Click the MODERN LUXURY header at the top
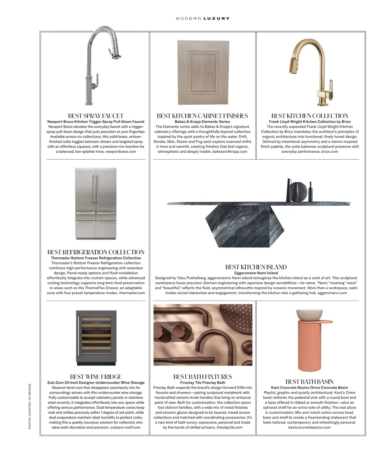[202, 18]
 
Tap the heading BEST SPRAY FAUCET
[96, 116]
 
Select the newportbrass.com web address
[121, 152]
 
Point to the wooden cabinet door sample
[202, 73]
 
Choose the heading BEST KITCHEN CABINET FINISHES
[202, 116]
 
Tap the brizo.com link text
[330, 152]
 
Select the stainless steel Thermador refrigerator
[96, 204]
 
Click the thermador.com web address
[132, 293]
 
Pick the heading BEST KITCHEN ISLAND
[256, 267]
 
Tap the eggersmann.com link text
[332, 293]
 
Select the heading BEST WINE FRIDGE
[96, 377]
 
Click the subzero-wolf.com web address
[125, 427]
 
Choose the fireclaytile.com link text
[230, 427]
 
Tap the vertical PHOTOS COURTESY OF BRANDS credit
[30, 406]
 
